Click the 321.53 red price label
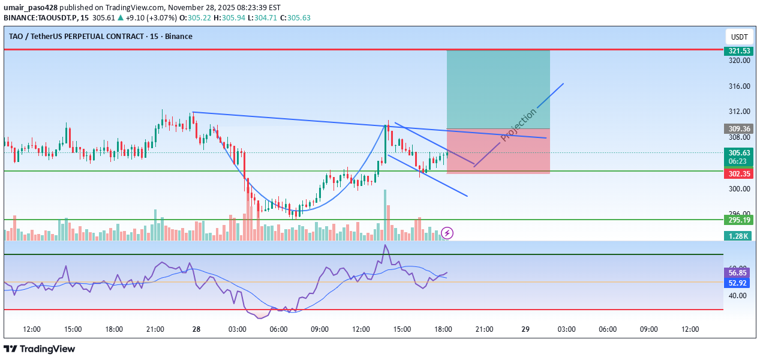pos(738,50)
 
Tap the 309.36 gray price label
pos(738,128)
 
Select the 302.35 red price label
pos(738,173)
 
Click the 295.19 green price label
pos(738,220)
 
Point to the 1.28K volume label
pos(738,236)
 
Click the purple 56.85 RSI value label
pos(738,272)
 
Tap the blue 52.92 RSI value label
pos(738,283)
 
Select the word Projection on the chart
pos(519,125)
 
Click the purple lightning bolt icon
pos(447,233)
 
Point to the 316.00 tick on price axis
pos(738,86)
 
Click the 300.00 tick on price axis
pos(738,189)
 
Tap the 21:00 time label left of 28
pos(155,329)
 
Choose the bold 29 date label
pos(525,329)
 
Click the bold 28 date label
pos(196,329)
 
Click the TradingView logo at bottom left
pos(40,349)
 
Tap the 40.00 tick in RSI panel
pos(738,296)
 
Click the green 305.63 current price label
pos(738,153)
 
